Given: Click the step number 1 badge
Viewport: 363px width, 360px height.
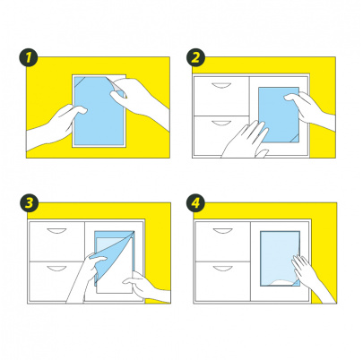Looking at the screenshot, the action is (28, 57).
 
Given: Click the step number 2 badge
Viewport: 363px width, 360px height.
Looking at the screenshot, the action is (195, 57).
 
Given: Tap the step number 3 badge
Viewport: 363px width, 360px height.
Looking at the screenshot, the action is (29, 203).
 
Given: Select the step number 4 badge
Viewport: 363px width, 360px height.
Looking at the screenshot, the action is (195, 203).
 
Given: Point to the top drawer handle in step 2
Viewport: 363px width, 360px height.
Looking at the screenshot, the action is (221, 86).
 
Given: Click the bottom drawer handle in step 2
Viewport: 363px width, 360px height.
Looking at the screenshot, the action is (221, 123).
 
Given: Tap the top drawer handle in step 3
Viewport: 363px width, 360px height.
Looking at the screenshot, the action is (56, 231).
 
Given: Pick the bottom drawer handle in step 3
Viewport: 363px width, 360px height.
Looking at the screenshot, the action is (56, 269).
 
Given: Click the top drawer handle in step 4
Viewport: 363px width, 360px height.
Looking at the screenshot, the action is (223, 231).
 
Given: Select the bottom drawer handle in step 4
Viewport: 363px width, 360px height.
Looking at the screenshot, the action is (223, 269).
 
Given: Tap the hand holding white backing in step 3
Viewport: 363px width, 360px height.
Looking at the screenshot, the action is (146, 287).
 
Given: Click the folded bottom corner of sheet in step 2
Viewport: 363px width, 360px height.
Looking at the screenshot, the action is (294, 139).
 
